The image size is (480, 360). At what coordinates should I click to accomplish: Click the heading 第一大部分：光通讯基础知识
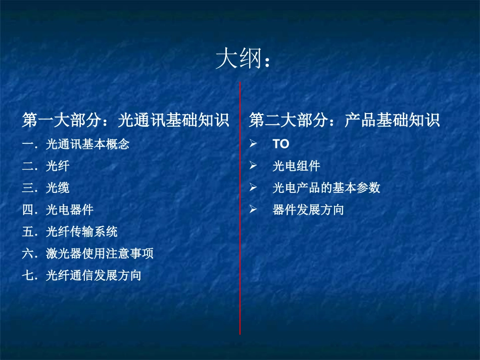[126, 120]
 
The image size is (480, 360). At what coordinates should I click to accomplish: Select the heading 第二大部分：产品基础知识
[344, 120]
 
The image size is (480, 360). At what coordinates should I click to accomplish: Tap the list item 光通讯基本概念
[87, 144]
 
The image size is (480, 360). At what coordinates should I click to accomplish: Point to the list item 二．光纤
[46, 166]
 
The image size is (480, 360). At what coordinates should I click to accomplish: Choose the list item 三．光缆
[46, 188]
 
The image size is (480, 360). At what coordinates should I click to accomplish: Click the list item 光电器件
[69, 210]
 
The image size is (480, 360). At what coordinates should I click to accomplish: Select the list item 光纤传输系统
[81, 232]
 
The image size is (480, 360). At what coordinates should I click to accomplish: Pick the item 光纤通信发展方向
[93, 276]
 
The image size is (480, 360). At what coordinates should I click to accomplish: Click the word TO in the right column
[281, 144]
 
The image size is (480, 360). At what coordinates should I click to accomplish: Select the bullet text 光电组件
[296, 166]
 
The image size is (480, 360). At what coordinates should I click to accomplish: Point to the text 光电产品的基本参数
[326, 188]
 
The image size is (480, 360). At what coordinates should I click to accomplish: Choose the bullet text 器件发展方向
[308, 210]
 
